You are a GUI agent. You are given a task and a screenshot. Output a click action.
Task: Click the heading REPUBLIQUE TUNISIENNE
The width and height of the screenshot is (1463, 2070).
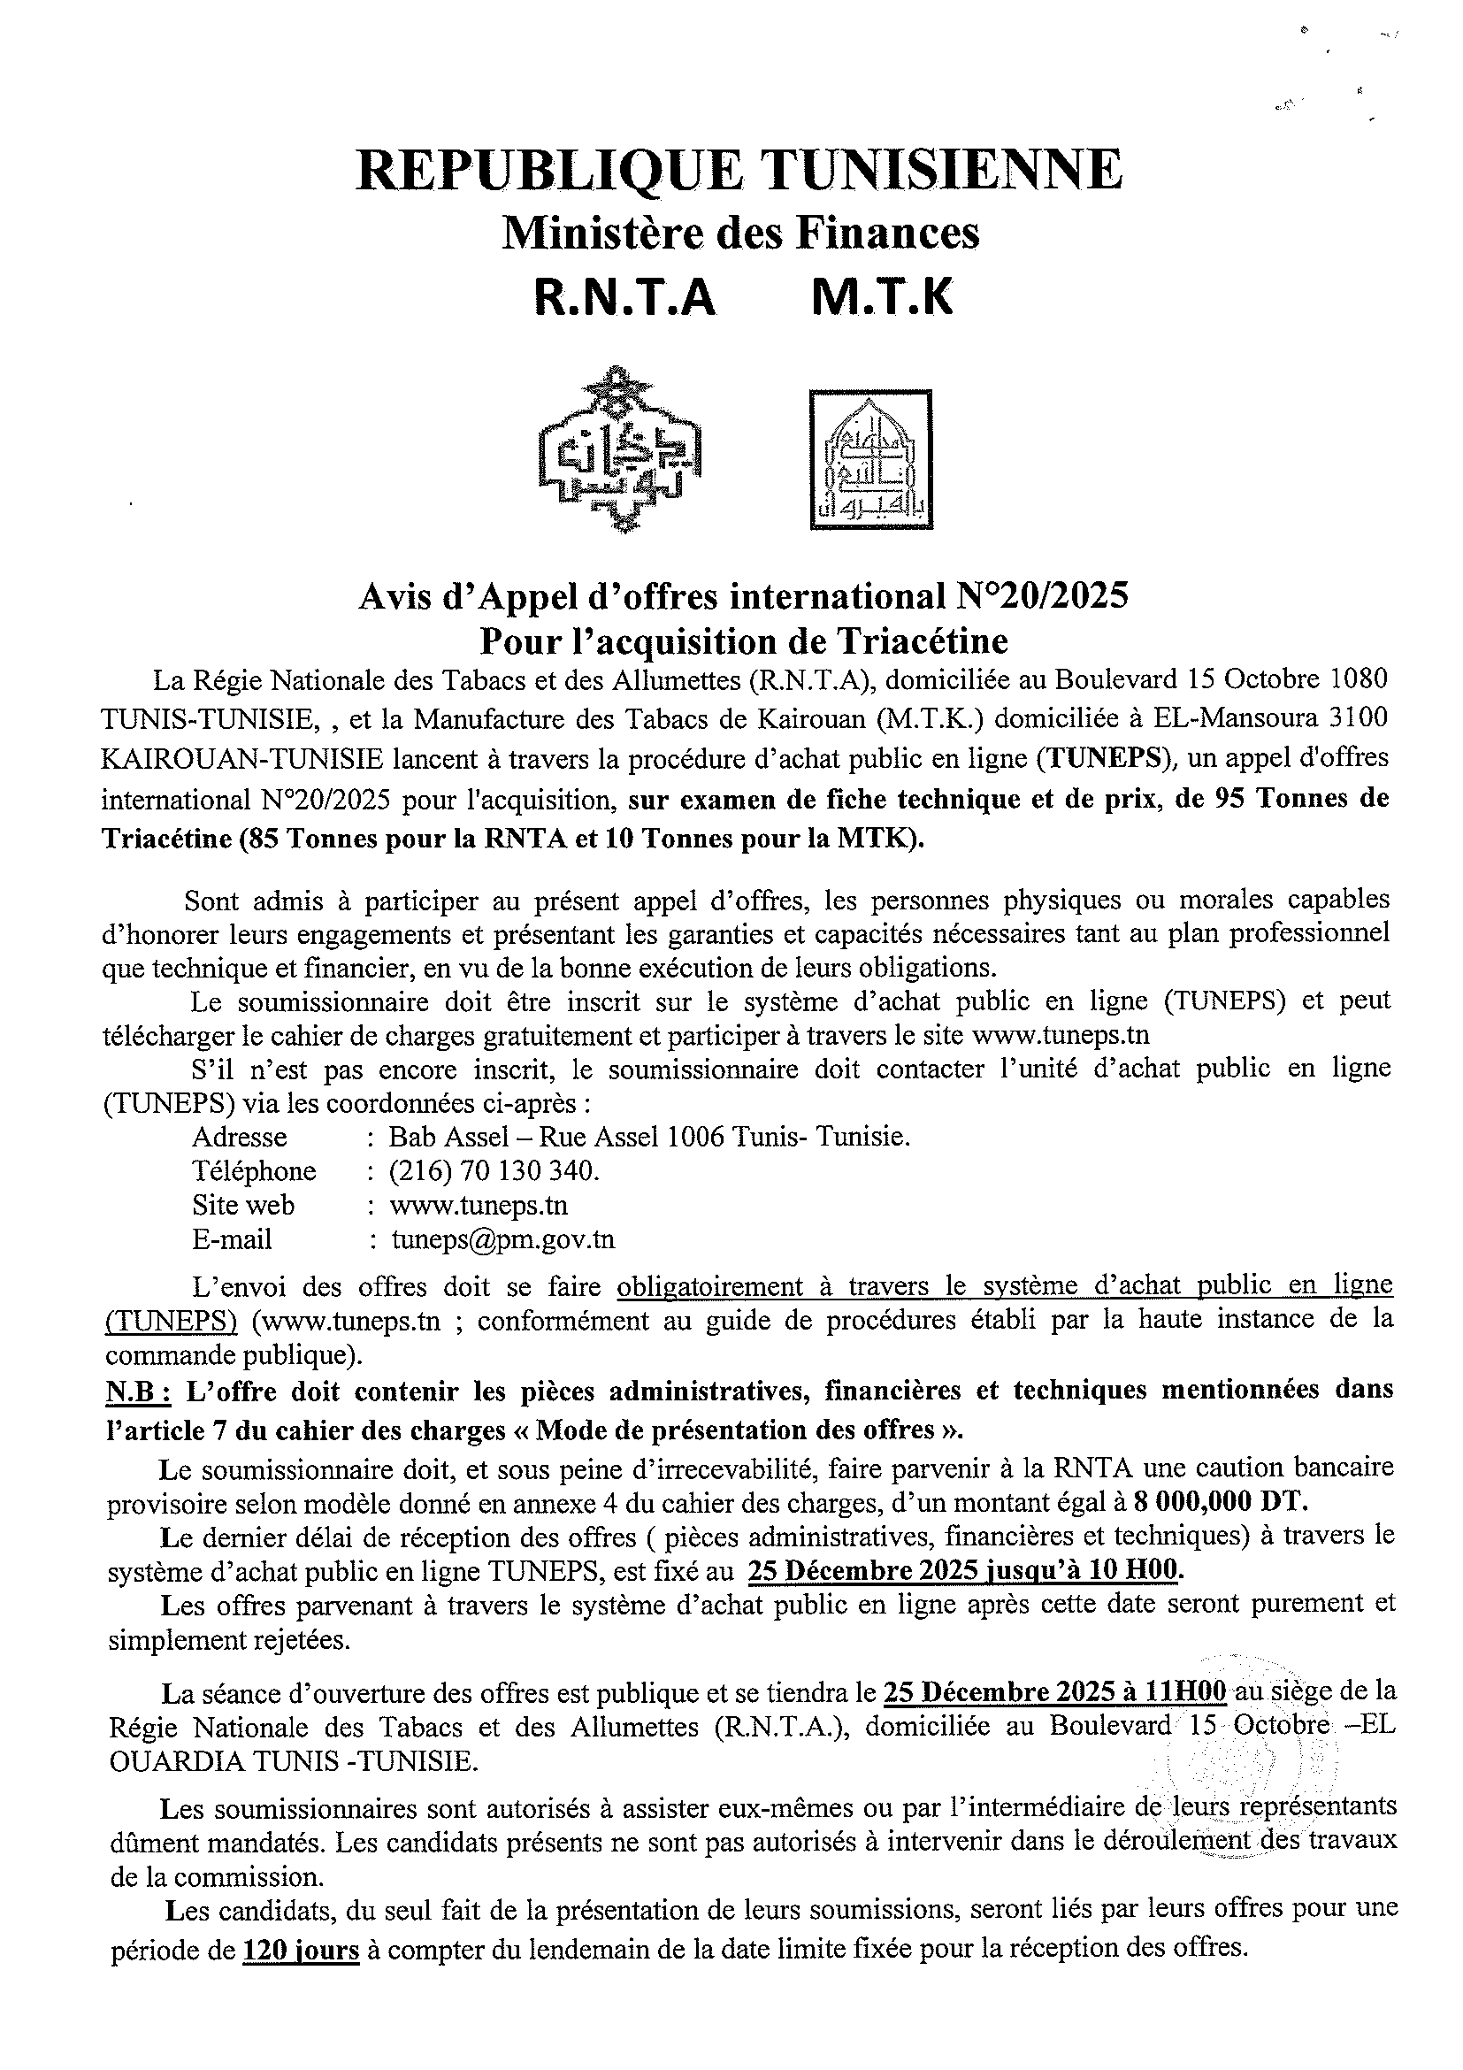click(739, 171)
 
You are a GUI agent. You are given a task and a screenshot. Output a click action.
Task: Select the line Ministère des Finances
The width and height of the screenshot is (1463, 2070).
click(739, 234)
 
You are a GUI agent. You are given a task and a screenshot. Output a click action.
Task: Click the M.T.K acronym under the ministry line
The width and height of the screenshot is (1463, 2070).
click(882, 298)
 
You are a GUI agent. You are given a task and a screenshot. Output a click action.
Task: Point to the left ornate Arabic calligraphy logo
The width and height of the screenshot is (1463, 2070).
click(619, 449)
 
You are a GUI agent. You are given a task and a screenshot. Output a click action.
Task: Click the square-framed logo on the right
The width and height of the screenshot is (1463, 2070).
click(869, 458)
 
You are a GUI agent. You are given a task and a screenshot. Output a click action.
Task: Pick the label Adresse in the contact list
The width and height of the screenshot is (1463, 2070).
click(240, 1137)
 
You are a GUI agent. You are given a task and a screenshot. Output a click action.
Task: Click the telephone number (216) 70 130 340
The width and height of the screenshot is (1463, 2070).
click(494, 1171)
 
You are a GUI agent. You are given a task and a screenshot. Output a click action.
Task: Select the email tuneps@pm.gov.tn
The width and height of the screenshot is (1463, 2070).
click(503, 1239)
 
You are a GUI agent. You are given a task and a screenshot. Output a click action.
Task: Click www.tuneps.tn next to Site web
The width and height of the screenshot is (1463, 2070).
click(478, 1206)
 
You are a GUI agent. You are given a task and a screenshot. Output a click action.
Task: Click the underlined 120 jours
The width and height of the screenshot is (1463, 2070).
click(301, 1951)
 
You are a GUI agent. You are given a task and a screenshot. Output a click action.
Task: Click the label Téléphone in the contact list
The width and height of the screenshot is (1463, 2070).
click(254, 1171)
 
